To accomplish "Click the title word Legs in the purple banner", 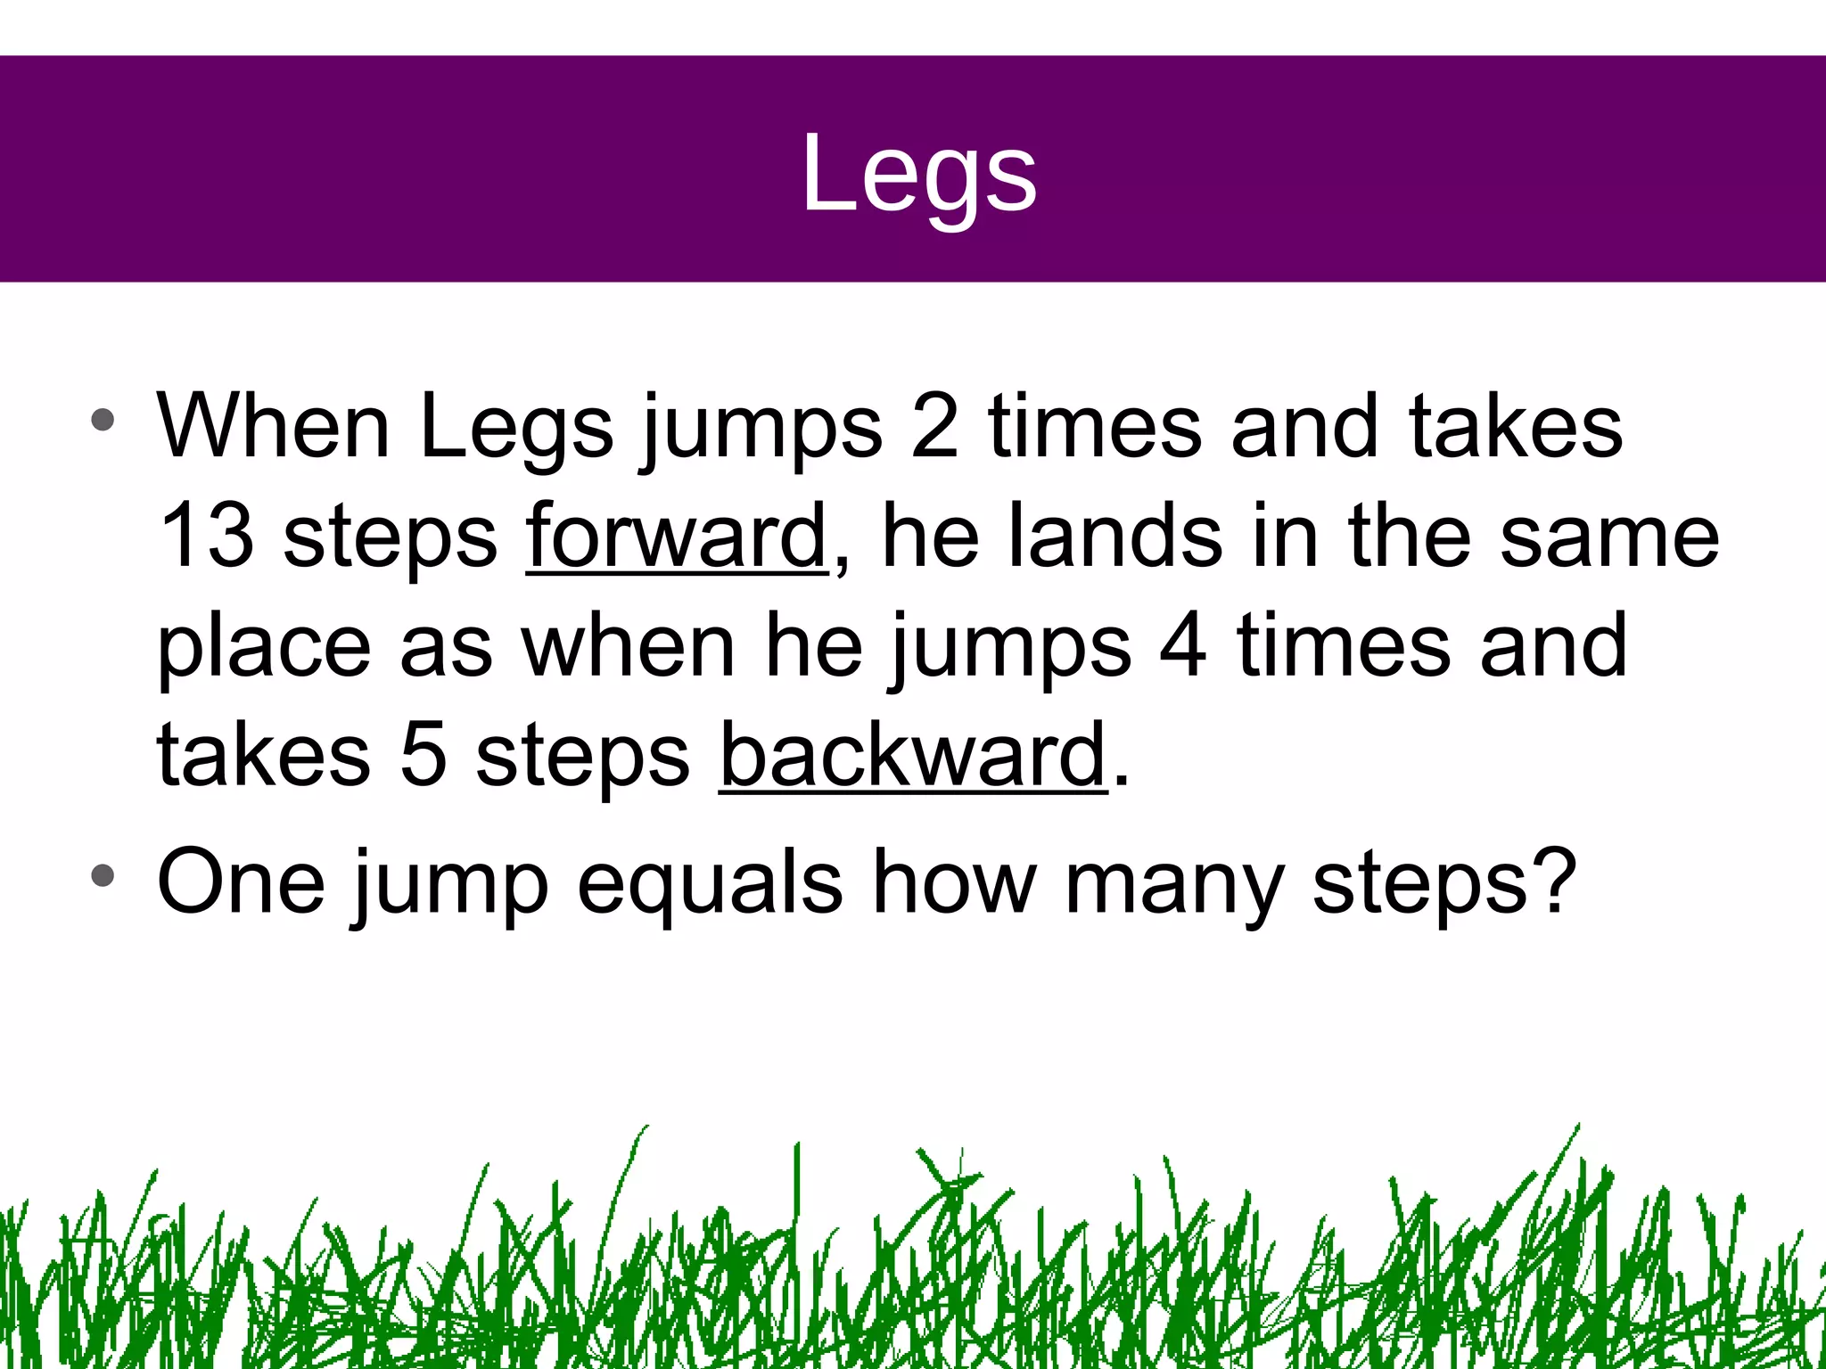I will [x=918, y=174].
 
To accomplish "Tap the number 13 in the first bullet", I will [x=206, y=536].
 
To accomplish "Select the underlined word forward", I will [x=677, y=536].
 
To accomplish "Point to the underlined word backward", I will [x=913, y=755].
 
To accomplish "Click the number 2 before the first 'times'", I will [x=934, y=427].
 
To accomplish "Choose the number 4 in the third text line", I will [x=1182, y=645].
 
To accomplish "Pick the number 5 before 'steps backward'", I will [x=423, y=755].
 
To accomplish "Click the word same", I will [x=1609, y=536].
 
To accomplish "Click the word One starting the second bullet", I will [x=241, y=881].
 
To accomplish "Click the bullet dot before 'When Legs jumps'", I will [x=103, y=420].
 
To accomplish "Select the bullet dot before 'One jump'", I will [x=103, y=875].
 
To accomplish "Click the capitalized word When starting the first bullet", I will [x=273, y=427].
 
